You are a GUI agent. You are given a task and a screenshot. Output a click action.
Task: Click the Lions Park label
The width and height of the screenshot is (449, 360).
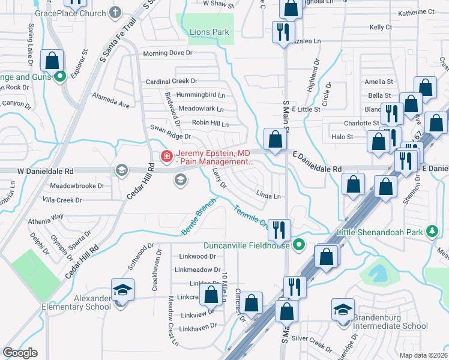pyautogui.click(x=209, y=32)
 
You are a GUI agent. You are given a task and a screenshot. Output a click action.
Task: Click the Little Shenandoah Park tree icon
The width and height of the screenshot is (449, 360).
pyautogui.click(x=431, y=232)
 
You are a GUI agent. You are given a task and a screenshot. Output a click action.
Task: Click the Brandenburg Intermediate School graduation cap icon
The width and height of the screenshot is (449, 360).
pyautogui.click(x=343, y=310)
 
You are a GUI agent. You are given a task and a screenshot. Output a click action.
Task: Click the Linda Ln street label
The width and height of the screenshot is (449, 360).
pyautogui.click(x=268, y=196)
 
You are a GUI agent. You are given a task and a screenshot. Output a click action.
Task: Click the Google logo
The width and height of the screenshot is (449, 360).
pyautogui.click(x=20, y=353)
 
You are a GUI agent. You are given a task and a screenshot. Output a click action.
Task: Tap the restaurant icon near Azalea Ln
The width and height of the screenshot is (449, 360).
pyautogui.click(x=282, y=31)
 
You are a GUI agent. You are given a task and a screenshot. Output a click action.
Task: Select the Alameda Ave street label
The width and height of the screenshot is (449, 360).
pyautogui.click(x=110, y=100)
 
